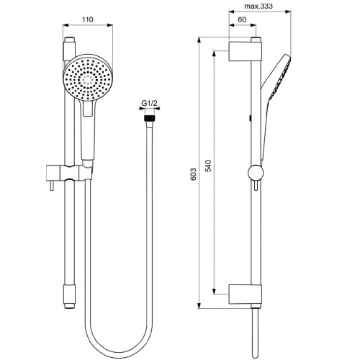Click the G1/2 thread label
[x=149, y=103]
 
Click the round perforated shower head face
[x=87, y=77]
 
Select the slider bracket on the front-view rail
[x=78, y=173]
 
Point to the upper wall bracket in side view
[x=243, y=52]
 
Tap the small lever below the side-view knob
[x=253, y=189]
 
